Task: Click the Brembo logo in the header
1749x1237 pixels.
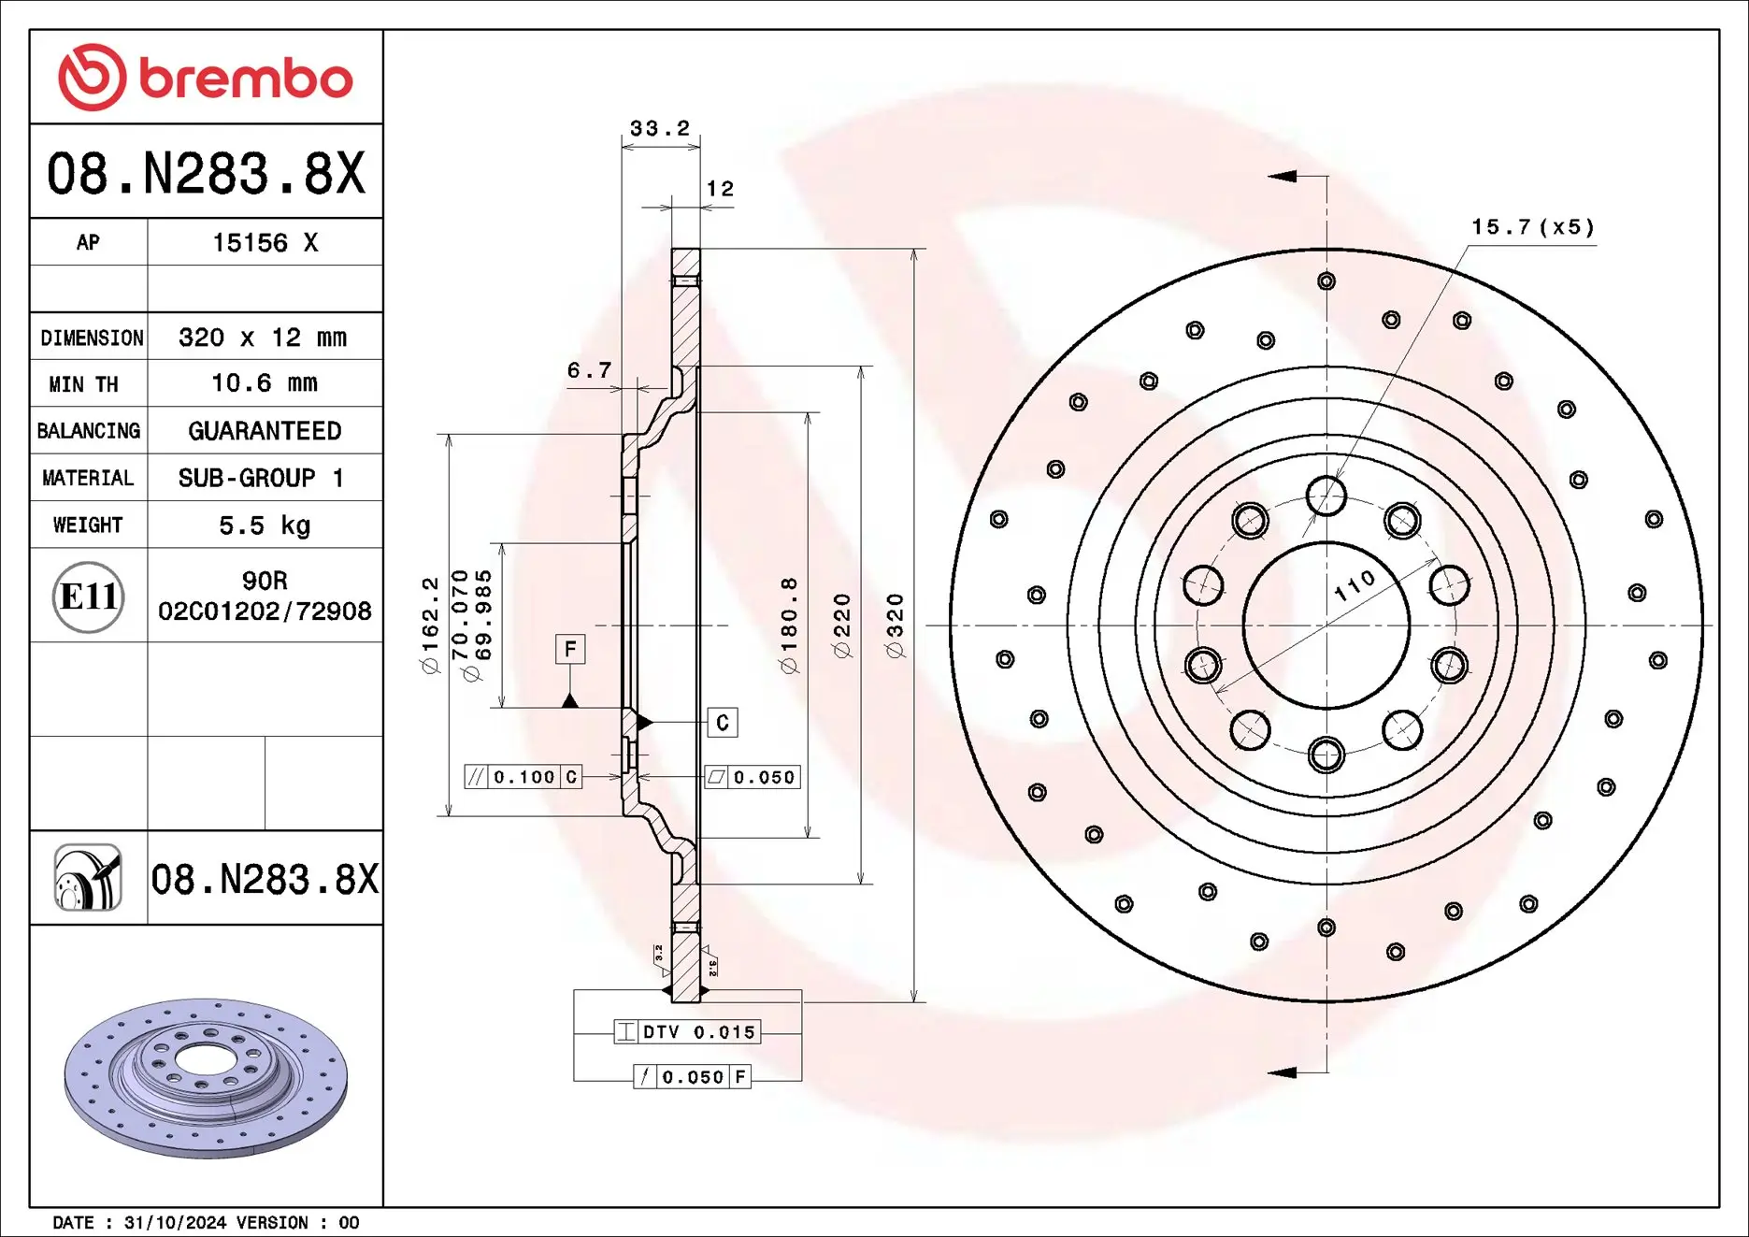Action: (206, 78)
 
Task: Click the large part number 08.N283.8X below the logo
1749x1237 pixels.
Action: (206, 174)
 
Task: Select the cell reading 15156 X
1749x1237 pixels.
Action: (265, 243)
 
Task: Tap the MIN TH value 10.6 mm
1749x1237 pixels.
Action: (265, 383)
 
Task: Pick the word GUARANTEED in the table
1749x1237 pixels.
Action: (265, 431)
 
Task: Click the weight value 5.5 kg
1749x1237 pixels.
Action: (265, 525)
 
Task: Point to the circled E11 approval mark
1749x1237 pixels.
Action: (88, 597)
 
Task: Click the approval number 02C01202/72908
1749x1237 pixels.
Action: (265, 611)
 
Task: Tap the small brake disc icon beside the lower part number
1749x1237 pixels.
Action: (88, 877)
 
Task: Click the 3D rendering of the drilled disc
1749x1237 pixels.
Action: (206, 1077)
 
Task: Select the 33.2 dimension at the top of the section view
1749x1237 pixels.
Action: (660, 128)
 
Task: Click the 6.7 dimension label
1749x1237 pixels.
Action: (589, 370)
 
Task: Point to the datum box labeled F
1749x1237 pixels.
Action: (570, 649)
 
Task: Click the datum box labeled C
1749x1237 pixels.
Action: (723, 723)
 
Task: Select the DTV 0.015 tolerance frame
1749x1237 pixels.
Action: (687, 1032)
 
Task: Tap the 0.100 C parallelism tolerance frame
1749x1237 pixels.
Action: (523, 777)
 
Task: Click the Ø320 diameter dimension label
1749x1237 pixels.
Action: (895, 626)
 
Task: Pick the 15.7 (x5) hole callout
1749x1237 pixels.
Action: (1533, 227)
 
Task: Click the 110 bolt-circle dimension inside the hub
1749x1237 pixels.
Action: (1355, 585)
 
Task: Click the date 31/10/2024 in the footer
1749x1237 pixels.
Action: (175, 1223)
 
